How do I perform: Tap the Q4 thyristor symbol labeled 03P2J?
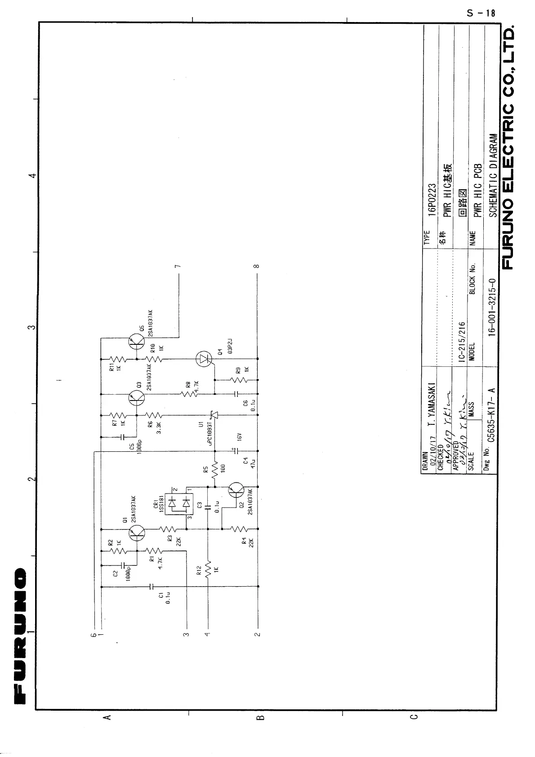(205, 359)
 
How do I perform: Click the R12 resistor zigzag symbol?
(208, 569)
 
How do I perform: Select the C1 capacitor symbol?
(151, 587)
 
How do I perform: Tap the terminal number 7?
(179, 266)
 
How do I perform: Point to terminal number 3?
(186, 635)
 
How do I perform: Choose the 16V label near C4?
(240, 437)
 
